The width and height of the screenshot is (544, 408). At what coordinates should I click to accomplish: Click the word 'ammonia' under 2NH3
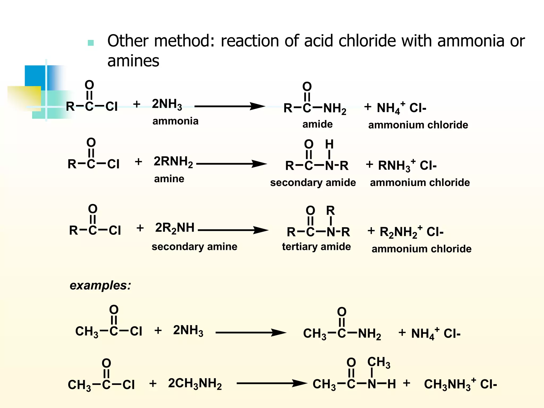pyautogui.click(x=175, y=121)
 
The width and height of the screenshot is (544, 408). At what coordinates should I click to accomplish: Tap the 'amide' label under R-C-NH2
pyautogui.click(x=317, y=124)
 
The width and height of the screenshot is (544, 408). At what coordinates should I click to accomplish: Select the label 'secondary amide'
pyautogui.click(x=313, y=182)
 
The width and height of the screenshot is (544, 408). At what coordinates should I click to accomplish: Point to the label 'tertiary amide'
pyautogui.click(x=316, y=246)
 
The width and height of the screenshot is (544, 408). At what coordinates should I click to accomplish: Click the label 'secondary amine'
pyautogui.click(x=194, y=246)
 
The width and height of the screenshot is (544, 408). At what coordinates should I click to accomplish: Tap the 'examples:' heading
pyautogui.click(x=100, y=286)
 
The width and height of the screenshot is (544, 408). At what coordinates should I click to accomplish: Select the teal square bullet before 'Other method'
pyautogui.click(x=91, y=43)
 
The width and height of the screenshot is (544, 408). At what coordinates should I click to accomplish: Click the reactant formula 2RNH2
pyautogui.click(x=173, y=162)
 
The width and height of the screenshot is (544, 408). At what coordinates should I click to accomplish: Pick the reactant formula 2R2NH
pyautogui.click(x=175, y=228)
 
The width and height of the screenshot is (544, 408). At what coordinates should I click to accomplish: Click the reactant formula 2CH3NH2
pyautogui.click(x=195, y=384)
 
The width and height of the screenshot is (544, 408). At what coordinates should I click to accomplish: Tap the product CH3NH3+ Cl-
pyautogui.click(x=460, y=384)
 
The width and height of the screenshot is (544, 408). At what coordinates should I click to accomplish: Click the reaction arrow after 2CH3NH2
pyautogui.click(x=271, y=383)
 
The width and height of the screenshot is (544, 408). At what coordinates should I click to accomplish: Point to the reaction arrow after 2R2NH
pyautogui.click(x=233, y=230)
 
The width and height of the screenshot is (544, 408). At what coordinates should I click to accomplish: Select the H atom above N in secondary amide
pyautogui.click(x=329, y=144)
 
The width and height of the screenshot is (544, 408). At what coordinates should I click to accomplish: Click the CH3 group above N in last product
pyautogui.click(x=379, y=362)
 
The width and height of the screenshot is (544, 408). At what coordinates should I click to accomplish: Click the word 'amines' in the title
pyautogui.click(x=133, y=61)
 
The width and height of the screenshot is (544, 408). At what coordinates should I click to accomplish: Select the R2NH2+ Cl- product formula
pyautogui.click(x=411, y=232)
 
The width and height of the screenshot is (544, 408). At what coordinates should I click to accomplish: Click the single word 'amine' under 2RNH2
pyautogui.click(x=169, y=179)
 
